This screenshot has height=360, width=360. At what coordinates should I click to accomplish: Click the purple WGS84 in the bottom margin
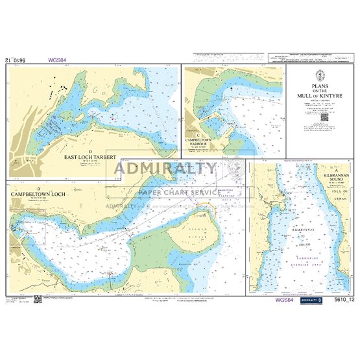tap(284, 300)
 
